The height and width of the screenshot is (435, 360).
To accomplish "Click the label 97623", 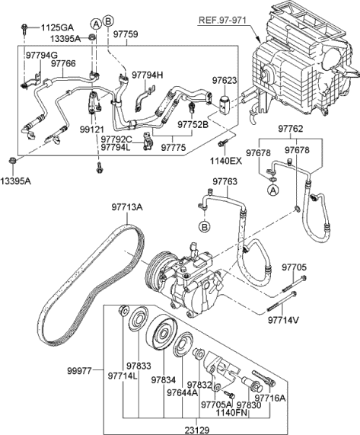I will pyautogui.click(x=225, y=79).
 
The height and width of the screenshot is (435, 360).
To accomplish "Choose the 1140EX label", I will pyautogui.click(x=226, y=162).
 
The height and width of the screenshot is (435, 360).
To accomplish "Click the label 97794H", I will pyautogui.click(x=148, y=75).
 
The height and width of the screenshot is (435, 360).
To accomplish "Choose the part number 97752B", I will pyautogui.click(x=193, y=123).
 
